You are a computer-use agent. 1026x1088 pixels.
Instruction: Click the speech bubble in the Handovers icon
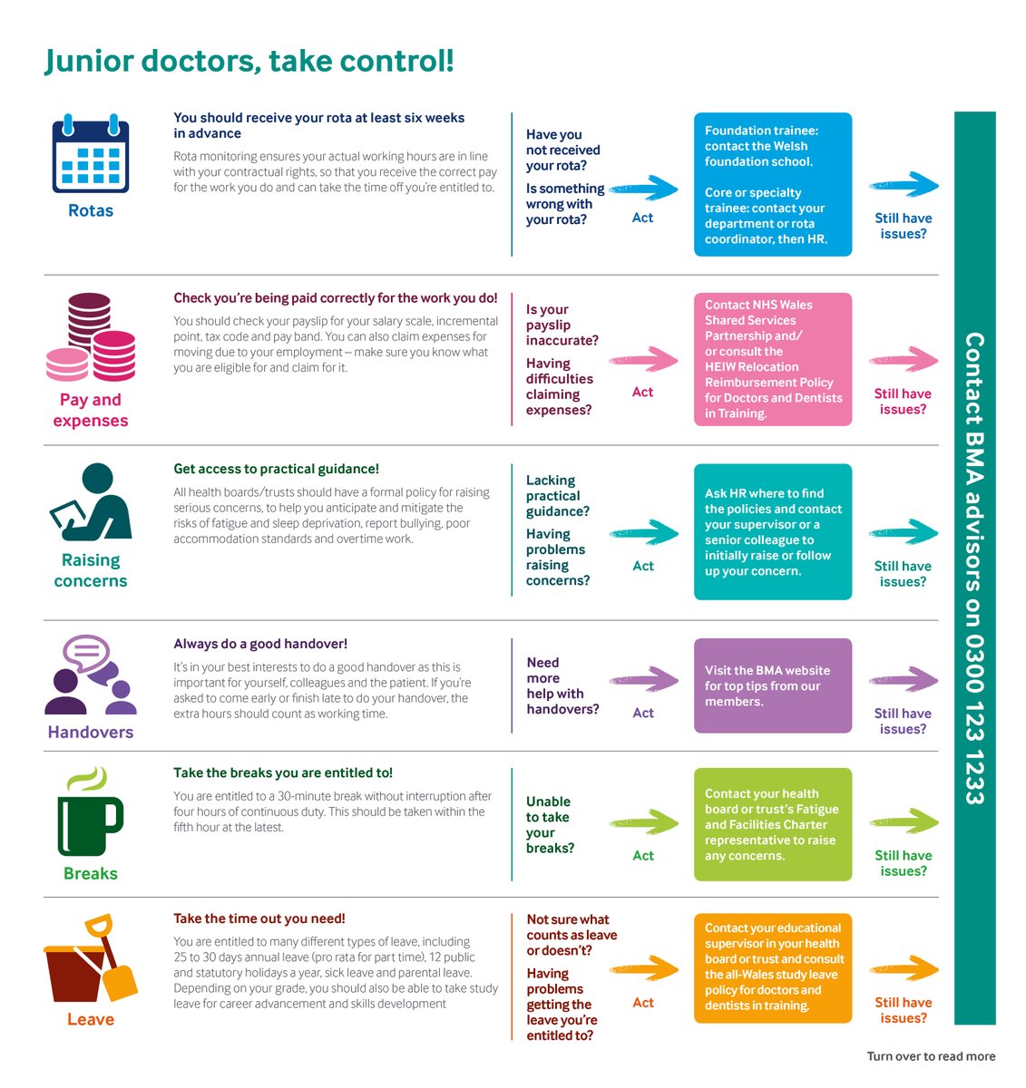click(87, 652)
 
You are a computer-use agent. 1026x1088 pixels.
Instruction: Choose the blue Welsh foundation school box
click(772, 184)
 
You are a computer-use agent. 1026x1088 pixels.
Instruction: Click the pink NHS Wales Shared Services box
click(772, 359)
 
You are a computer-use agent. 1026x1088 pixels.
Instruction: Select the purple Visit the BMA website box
click(772, 685)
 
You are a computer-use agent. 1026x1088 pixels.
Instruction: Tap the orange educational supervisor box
click(772, 967)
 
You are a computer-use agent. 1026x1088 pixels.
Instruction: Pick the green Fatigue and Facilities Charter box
click(772, 824)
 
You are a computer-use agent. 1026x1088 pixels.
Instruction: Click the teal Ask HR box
click(772, 532)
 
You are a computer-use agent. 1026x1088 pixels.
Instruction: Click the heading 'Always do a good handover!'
click(260, 644)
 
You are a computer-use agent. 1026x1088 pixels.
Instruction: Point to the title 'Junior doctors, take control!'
click(249, 61)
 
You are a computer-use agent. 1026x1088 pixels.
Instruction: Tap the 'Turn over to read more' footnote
click(931, 1056)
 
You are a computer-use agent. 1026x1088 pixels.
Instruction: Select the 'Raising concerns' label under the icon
click(91, 570)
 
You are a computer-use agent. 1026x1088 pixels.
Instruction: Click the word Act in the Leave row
click(643, 1003)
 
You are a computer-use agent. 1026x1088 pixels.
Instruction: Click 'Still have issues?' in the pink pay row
click(903, 402)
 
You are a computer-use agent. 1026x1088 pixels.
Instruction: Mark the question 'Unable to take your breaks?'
click(550, 825)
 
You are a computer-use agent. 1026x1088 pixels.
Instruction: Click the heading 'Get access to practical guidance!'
click(277, 469)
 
